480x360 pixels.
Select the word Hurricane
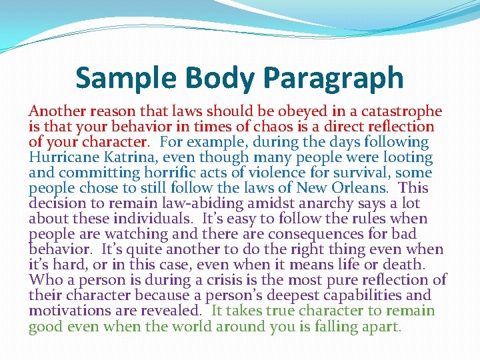(x=62, y=157)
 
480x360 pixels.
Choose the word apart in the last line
(x=381, y=327)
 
